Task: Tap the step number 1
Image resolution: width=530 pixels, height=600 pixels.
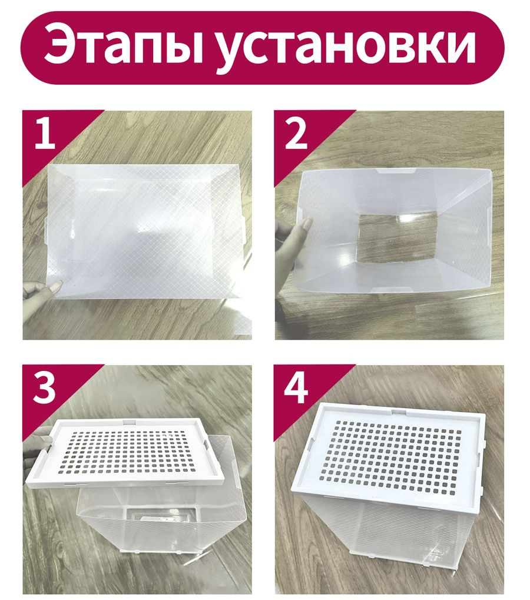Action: [x=45, y=133]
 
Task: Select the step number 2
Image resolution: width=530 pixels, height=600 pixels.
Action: [x=296, y=133]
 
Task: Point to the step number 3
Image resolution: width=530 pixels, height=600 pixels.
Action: [x=44, y=387]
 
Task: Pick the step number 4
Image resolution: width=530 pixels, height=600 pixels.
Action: [x=296, y=387]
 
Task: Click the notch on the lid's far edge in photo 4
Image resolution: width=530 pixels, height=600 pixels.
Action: [x=399, y=412]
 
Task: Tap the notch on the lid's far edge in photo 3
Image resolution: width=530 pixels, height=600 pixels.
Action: [x=128, y=422]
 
